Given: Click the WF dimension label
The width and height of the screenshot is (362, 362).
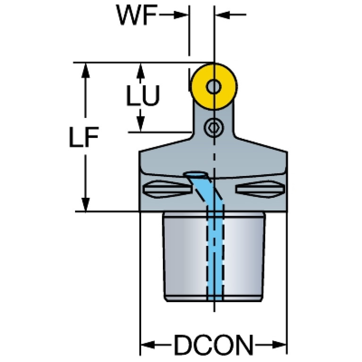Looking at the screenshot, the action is [x=137, y=15].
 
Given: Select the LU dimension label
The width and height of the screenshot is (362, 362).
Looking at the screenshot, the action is [x=143, y=96].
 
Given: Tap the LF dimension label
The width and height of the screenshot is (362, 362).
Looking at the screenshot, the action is [x=84, y=137].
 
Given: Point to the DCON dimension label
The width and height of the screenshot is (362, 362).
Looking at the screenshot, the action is [x=213, y=345].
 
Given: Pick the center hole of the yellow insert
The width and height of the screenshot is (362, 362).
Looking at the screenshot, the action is [x=214, y=87].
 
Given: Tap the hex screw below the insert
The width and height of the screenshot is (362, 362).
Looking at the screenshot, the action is [x=214, y=127].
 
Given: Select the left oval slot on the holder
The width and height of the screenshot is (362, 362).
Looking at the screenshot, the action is [x=167, y=189].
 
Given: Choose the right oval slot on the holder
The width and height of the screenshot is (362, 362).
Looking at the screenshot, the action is [x=260, y=189].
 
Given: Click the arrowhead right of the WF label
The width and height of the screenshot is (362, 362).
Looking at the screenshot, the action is [x=181, y=15].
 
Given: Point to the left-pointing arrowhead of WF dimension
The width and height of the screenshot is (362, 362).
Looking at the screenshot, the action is [x=223, y=15].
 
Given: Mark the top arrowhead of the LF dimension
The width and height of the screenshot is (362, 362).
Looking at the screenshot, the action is [x=85, y=70].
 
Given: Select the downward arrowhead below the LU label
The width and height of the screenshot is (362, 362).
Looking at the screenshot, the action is [x=140, y=124].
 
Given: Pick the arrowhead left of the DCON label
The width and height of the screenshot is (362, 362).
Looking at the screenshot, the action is [x=148, y=345].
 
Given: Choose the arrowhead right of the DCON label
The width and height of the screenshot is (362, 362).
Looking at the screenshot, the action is [x=279, y=345].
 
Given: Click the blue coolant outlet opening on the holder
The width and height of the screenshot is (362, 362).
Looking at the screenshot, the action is [x=195, y=174].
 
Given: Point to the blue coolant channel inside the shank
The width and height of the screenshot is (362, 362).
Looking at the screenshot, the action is [x=215, y=254].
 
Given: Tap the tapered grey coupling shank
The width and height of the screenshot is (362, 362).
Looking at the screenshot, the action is [x=214, y=256].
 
